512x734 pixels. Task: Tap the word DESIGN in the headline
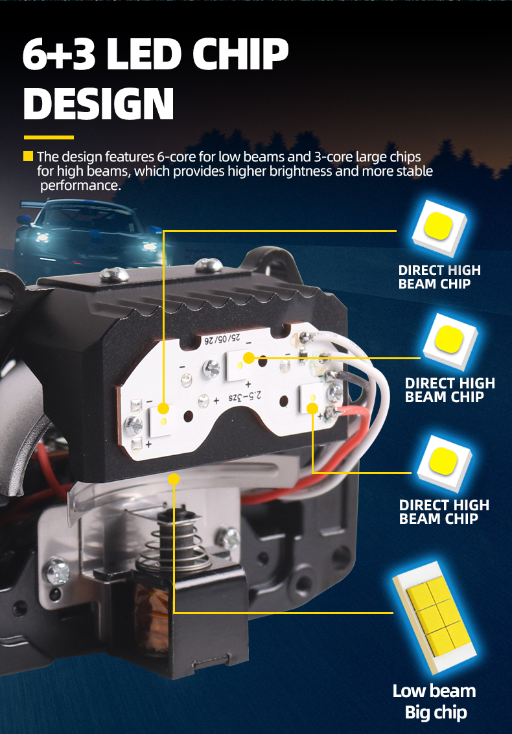[x=99, y=104]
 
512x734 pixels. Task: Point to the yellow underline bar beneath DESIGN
[x=49, y=137]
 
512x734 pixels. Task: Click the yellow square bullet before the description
[x=28, y=156]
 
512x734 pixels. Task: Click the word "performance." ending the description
[x=80, y=186]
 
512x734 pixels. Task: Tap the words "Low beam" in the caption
[x=434, y=691]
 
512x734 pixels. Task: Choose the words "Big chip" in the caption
[x=436, y=713]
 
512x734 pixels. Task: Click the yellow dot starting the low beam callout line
[x=174, y=479]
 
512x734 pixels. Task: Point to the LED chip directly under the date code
[x=242, y=365]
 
